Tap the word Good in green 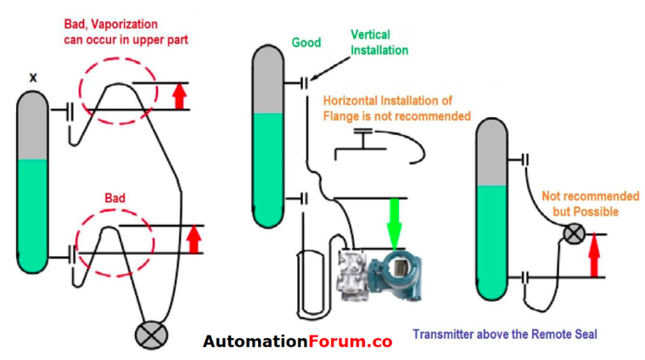(306, 42)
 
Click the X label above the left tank (33, 77)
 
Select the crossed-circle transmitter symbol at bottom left (151, 335)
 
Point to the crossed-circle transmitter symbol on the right (574, 234)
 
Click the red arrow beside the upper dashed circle (179, 96)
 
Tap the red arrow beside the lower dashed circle (193, 239)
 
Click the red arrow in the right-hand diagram (593, 255)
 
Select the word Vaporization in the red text (124, 25)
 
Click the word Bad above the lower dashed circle (115, 199)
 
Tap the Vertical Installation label (379, 42)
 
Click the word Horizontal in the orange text (350, 100)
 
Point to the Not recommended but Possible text (590, 204)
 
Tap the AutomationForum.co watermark (297, 341)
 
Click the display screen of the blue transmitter (397, 267)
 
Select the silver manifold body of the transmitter (352, 275)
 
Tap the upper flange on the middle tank (304, 83)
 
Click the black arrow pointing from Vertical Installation (330, 69)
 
